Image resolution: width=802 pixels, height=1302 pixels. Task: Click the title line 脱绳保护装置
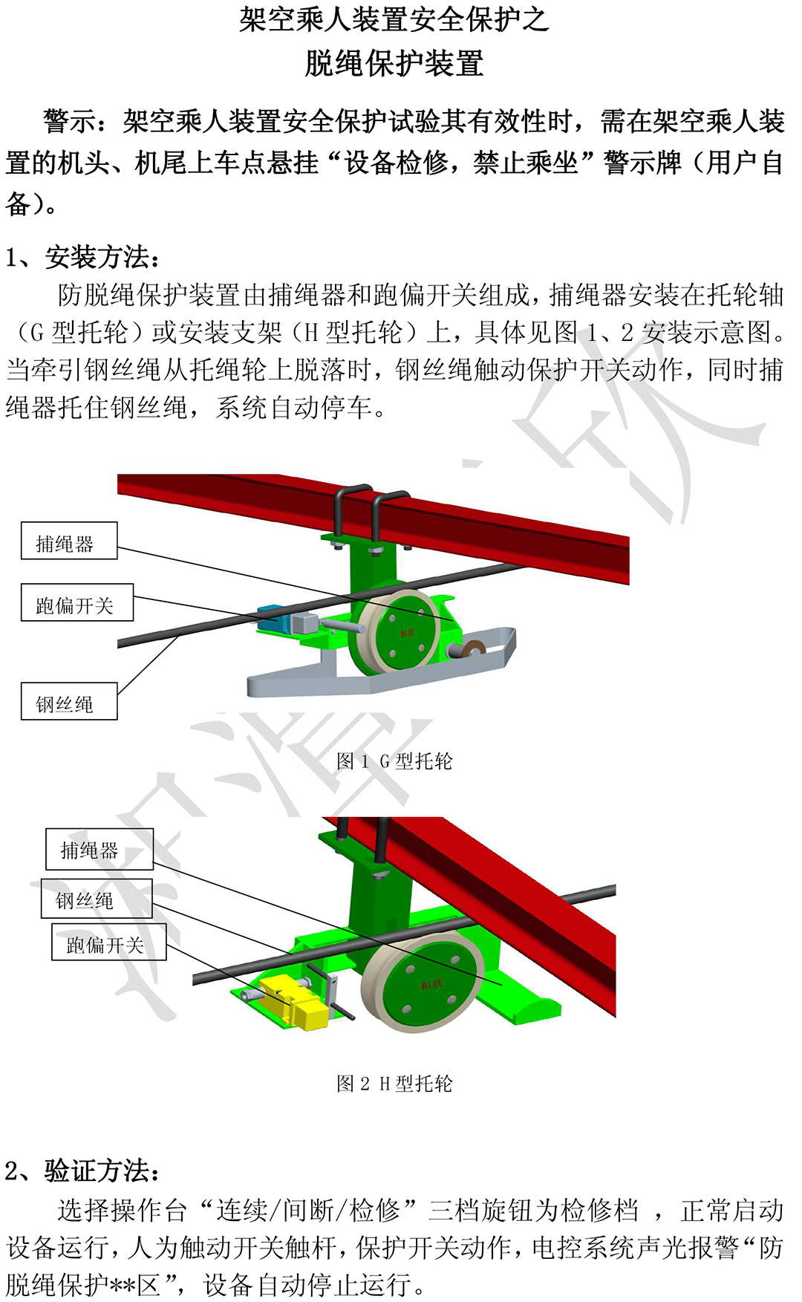click(394, 64)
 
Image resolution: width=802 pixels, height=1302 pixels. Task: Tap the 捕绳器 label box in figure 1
click(69, 541)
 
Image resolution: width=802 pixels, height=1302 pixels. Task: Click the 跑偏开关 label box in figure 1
click(77, 602)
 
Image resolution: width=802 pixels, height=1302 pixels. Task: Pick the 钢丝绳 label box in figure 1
click(69, 702)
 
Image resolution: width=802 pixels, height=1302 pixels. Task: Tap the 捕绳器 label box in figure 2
click(99, 849)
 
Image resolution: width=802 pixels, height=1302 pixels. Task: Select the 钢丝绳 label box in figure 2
click(96, 899)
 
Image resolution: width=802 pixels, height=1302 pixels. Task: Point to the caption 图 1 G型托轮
click(394, 761)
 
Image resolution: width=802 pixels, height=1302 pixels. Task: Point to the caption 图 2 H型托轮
click(394, 1084)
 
